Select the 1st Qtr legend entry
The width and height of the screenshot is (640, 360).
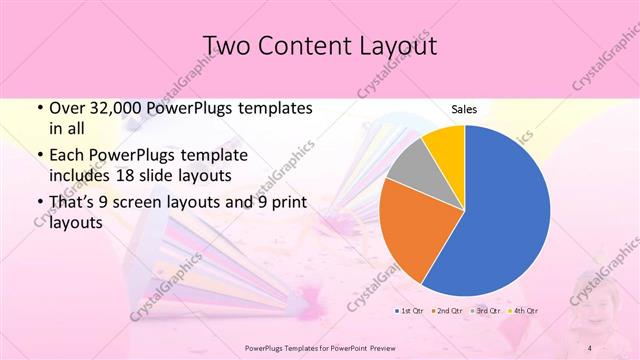(x=410, y=311)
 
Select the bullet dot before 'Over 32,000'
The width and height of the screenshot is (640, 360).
(x=38, y=107)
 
